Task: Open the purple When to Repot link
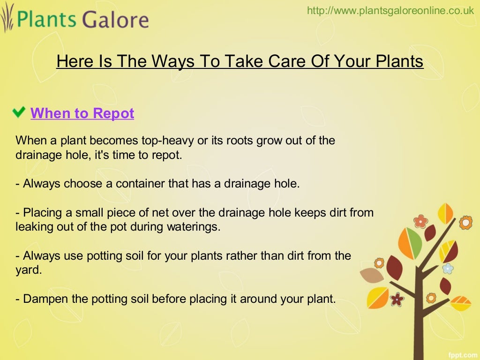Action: (x=82, y=113)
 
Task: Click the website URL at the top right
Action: (x=390, y=11)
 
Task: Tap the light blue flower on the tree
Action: (x=448, y=269)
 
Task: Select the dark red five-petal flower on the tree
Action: (x=397, y=299)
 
